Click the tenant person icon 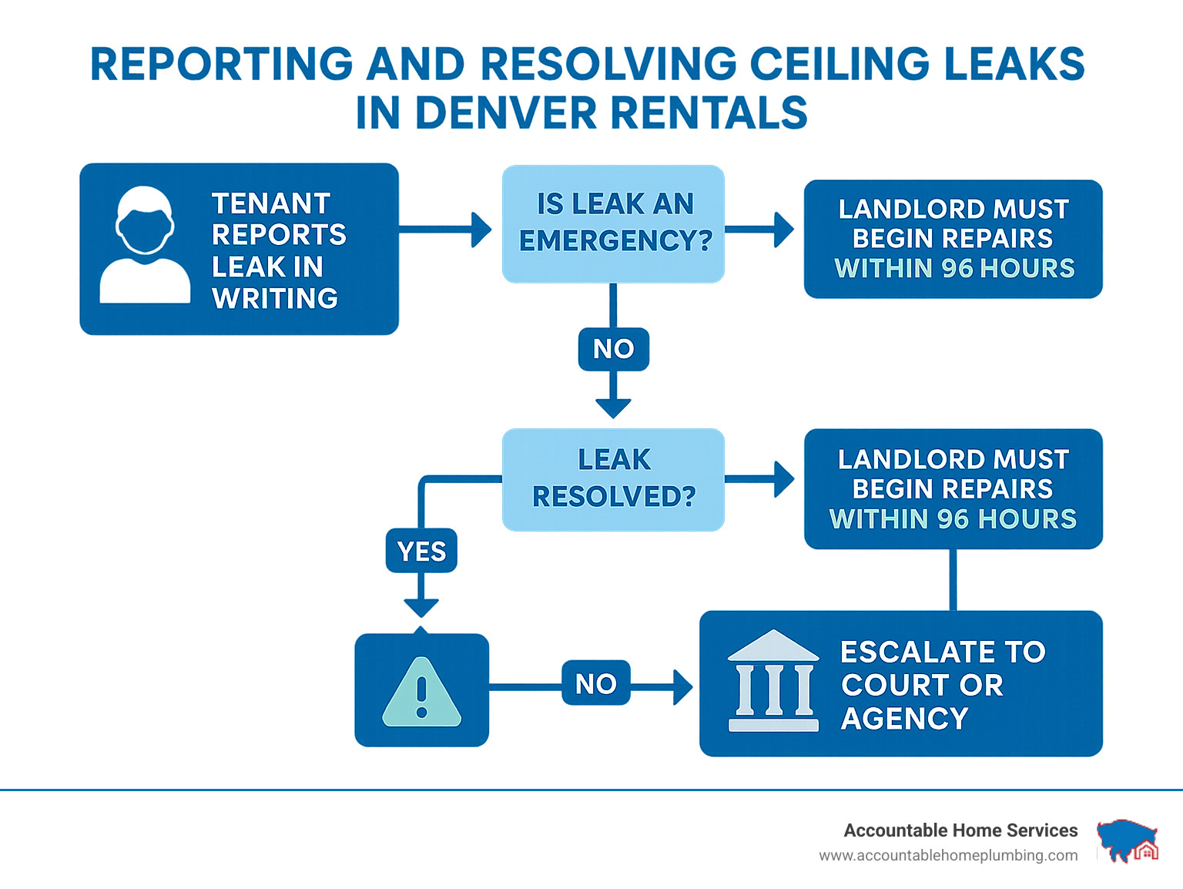[145, 245]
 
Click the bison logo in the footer [1127, 840]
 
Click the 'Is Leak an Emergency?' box [613, 223]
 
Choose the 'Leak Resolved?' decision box [613, 479]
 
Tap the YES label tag [421, 551]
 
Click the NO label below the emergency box [613, 349]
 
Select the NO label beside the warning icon [595, 683]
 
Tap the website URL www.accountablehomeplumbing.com [948, 855]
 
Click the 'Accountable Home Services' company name [960, 830]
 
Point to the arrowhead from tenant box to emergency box [482, 230]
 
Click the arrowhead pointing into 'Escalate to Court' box [682, 686]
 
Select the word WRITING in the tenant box [275, 298]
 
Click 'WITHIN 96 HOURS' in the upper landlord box [954, 268]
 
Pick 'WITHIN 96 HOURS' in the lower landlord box [953, 519]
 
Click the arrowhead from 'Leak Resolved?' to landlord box [784, 479]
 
